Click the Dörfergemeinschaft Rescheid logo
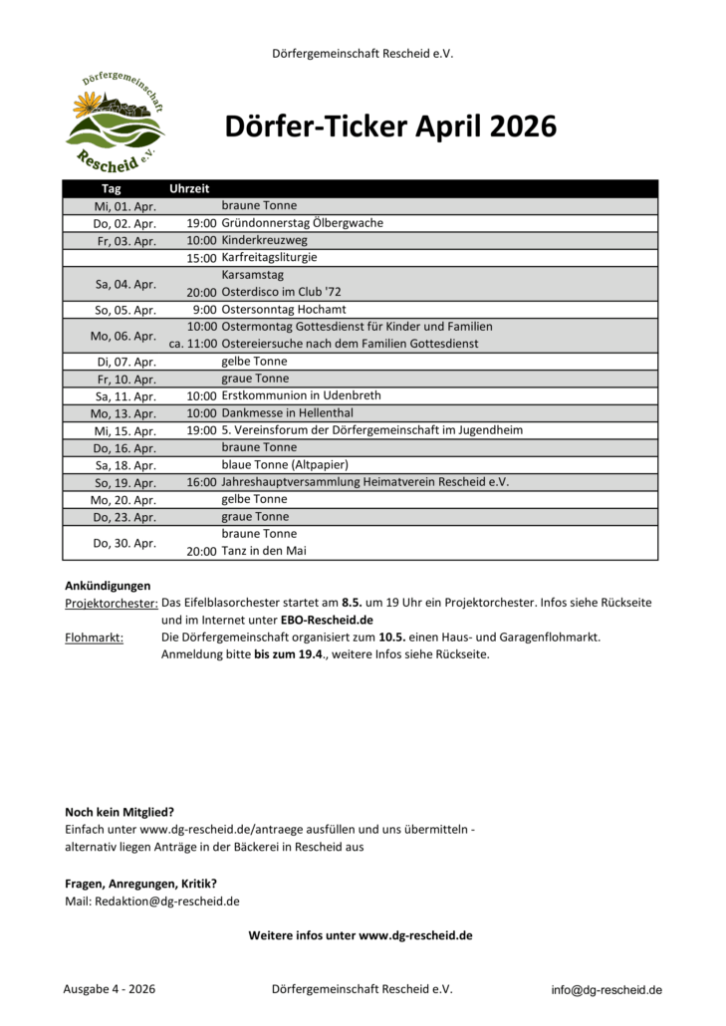coord(116,123)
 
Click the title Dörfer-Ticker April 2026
coord(389,128)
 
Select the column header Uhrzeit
coord(189,188)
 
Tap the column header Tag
coord(111,188)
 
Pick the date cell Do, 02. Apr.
coord(124,223)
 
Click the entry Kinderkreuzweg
coord(264,240)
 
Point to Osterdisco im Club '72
coord(281,292)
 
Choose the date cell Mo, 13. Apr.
coord(124,412)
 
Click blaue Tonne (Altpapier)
coord(285,464)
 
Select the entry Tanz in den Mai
coord(264,550)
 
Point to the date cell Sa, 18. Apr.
coord(124,464)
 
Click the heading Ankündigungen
coord(108,586)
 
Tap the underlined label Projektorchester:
coord(111,603)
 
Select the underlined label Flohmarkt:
coord(94,637)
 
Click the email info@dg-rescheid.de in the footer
coord(606,990)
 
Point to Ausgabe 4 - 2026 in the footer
coord(109,989)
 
